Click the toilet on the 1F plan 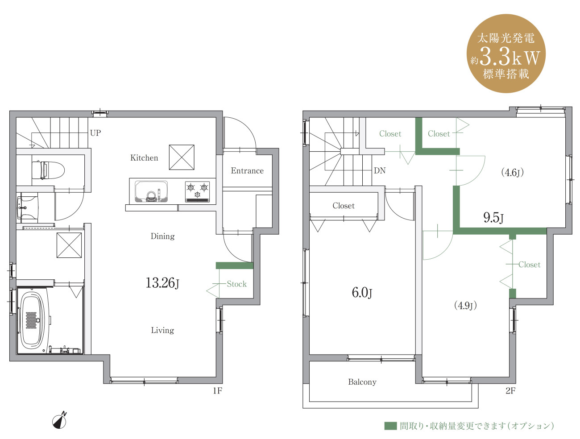(x=48, y=170)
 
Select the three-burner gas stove (x=197, y=191)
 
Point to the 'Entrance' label (x=247, y=170)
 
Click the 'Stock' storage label (x=236, y=284)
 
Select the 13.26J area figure (x=162, y=283)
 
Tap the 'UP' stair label (x=95, y=133)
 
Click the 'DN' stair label (x=379, y=170)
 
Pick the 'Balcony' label (x=362, y=382)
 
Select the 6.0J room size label (x=362, y=293)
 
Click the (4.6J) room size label (x=512, y=173)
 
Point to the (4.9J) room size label (x=465, y=305)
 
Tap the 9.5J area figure (x=493, y=218)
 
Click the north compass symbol (x=60, y=420)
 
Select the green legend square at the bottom (x=390, y=426)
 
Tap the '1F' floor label (x=217, y=391)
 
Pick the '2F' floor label (x=510, y=391)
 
